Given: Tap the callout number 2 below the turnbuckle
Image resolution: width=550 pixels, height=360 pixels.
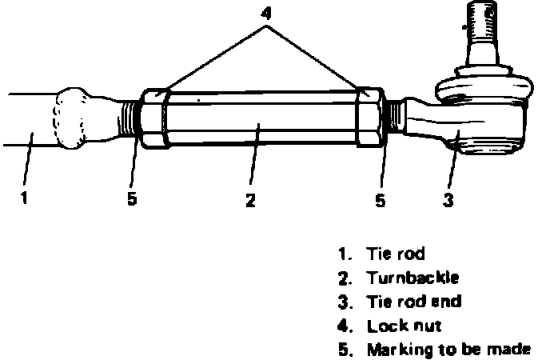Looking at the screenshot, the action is [250, 200].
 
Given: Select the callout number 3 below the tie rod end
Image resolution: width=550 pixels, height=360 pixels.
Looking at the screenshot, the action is [448, 200].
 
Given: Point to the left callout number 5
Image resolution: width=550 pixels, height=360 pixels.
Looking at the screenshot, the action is [132, 198].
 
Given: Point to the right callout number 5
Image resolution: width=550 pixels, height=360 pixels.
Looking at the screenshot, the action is [381, 200].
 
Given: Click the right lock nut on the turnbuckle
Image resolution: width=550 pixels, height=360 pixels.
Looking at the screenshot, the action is [371, 118].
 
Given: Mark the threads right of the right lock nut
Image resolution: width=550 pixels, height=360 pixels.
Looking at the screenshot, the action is [393, 118].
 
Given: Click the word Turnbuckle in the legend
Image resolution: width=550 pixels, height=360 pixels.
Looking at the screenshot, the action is [413, 278].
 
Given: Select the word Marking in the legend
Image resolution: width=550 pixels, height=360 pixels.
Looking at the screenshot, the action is [396, 350].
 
